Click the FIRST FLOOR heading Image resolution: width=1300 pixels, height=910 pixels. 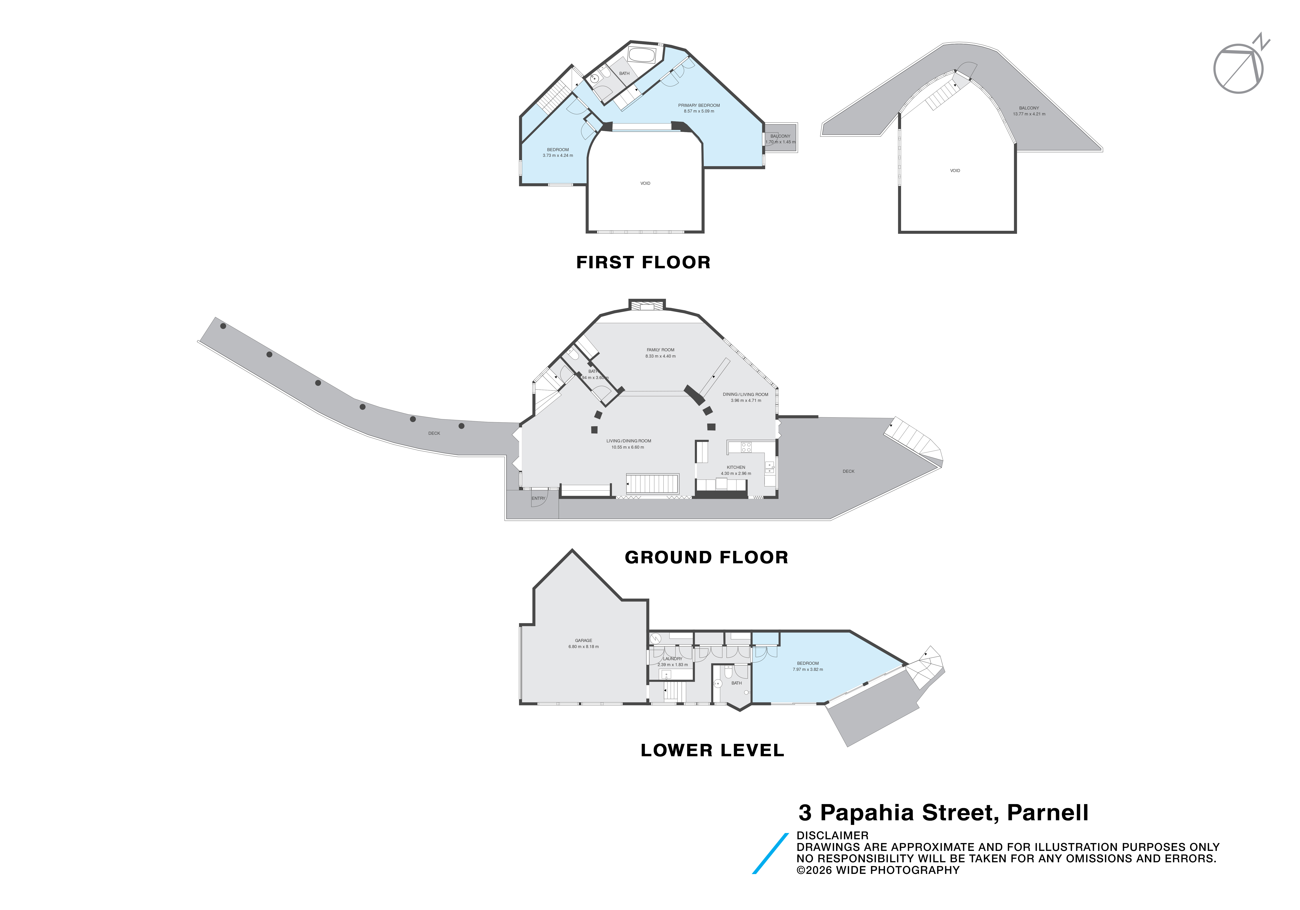click(x=643, y=262)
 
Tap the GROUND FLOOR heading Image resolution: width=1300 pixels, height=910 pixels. click(x=706, y=557)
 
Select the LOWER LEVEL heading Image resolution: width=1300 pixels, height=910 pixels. click(x=712, y=750)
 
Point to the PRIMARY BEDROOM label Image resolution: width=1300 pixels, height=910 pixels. click(x=699, y=105)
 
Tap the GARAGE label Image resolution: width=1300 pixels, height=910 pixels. click(x=583, y=640)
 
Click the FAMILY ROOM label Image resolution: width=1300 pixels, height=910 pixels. click(x=660, y=350)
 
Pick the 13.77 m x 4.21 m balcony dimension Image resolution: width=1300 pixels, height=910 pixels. click(x=1029, y=114)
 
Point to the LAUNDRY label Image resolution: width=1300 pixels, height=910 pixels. click(x=673, y=659)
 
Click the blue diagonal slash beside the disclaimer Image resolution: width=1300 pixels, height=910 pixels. click(x=770, y=853)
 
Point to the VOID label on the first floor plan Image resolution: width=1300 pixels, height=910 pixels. click(x=645, y=183)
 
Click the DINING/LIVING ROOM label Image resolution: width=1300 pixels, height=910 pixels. click(x=745, y=394)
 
